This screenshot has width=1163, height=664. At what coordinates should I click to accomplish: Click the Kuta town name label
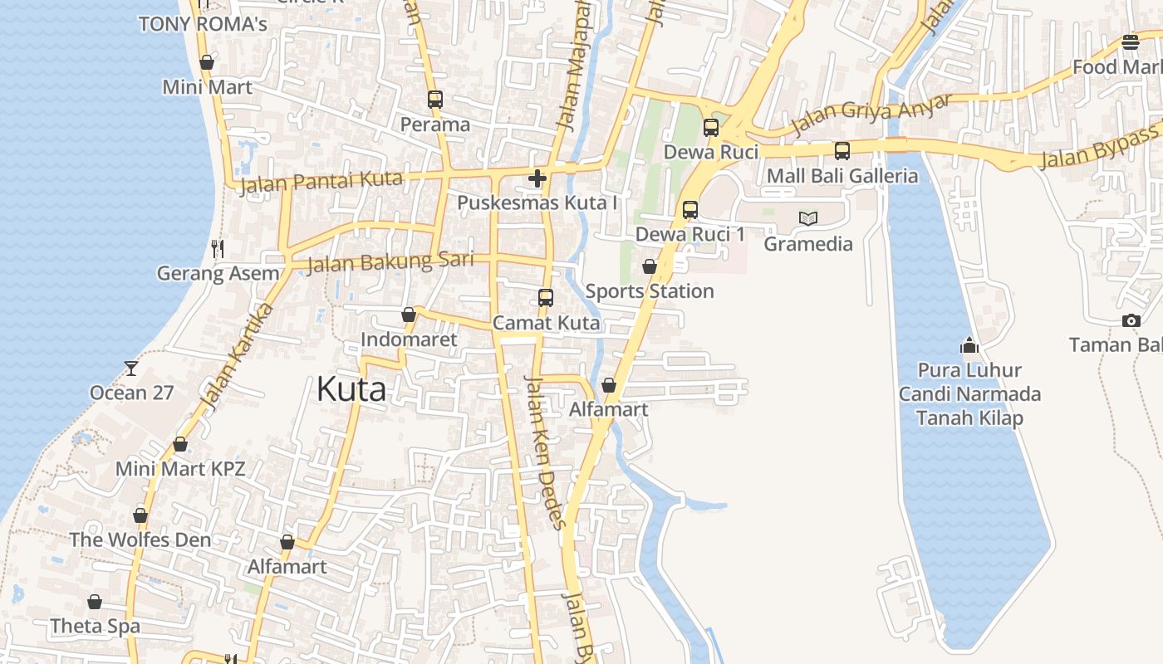click(x=351, y=389)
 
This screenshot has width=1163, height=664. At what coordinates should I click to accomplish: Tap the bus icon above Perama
click(x=434, y=100)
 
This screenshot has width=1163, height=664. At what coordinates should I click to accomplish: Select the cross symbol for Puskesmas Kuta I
click(x=537, y=178)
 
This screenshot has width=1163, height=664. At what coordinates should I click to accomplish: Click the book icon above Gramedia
click(x=807, y=218)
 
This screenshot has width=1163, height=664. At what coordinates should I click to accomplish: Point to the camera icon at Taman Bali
click(x=1131, y=320)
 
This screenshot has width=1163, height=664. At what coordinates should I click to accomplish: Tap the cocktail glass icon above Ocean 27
click(x=130, y=368)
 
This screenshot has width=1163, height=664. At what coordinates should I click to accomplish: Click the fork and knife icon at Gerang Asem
click(x=218, y=248)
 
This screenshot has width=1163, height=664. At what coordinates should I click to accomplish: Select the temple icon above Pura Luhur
click(x=969, y=344)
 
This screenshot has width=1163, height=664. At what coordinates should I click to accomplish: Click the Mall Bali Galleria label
click(x=842, y=176)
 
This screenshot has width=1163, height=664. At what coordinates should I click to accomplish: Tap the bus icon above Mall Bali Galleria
click(x=842, y=151)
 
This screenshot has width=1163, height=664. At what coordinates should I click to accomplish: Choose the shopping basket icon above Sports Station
click(x=649, y=266)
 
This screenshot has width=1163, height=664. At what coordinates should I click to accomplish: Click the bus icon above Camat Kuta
click(x=545, y=297)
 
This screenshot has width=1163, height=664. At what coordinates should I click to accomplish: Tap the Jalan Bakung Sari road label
click(x=390, y=262)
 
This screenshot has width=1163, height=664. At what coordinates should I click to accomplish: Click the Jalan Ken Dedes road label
click(x=546, y=452)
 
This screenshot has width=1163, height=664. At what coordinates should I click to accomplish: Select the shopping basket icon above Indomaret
click(x=408, y=315)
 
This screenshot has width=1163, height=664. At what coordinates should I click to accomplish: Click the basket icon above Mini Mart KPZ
click(x=179, y=445)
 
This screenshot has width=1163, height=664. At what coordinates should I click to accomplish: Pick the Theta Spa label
click(x=95, y=626)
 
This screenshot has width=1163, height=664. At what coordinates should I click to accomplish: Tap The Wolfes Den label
click(x=140, y=539)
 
